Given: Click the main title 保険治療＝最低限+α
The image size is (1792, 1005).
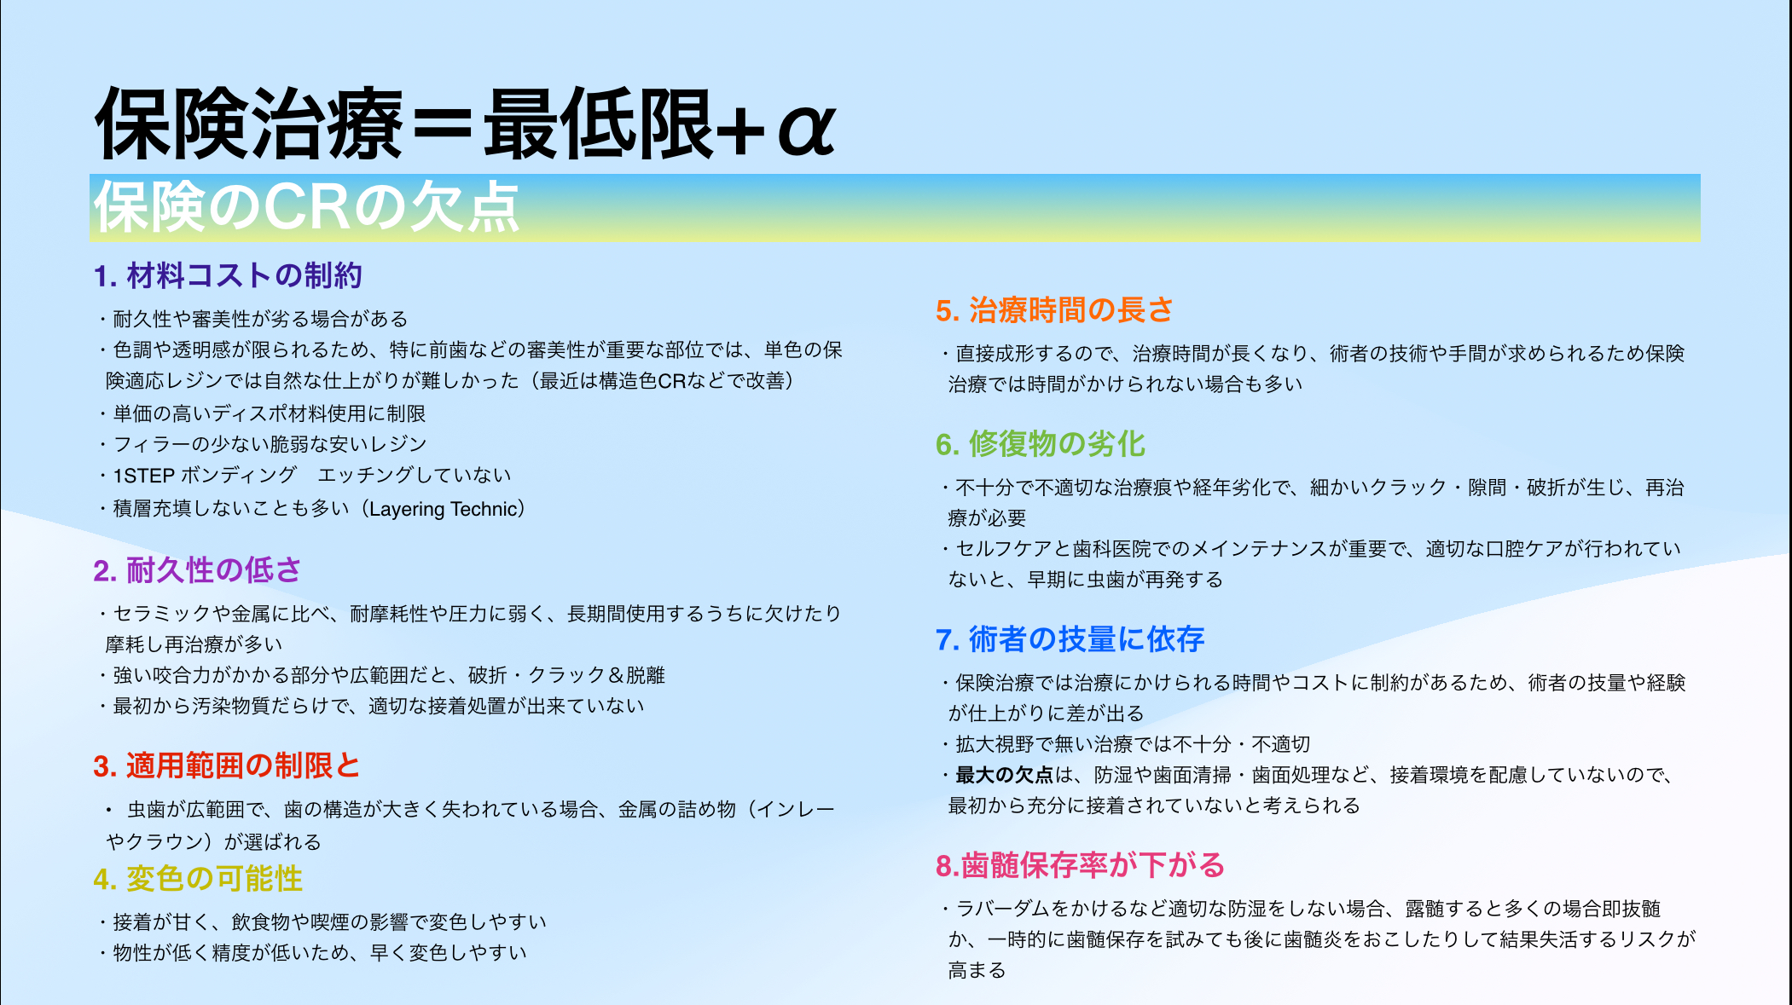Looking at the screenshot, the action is pyautogui.click(x=466, y=124).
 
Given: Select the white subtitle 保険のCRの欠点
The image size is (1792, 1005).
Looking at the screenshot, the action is pyautogui.click(x=306, y=207).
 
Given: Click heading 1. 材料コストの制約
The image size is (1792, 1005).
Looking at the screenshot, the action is pyautogui.click(x=228, y=275).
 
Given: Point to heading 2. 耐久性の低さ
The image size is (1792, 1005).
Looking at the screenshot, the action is pyautogui.click(x=197, y=570).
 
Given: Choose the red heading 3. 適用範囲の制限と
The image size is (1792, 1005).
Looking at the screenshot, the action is pyautogui.click(x=227, y=765).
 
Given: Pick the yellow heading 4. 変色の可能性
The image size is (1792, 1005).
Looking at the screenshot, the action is pyautogui.click(x=198, y=879).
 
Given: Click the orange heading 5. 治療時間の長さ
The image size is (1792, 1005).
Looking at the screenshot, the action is pyautogui.click(x=1054, y=309).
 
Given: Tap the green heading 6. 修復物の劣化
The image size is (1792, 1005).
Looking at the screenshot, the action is pyautogui.click(x=1040, y=444).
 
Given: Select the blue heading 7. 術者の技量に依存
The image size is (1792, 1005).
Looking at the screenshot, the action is pyautogui.click(x=1070, y=639).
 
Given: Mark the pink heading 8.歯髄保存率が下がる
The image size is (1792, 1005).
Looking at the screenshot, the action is pyautogui.click(x=1080, y=865).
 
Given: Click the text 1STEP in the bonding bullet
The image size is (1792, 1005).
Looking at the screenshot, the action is pyautogui.click(x=144, y=476).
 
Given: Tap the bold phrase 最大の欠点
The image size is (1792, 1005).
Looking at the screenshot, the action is pyautogui.click(x=1005, y=775).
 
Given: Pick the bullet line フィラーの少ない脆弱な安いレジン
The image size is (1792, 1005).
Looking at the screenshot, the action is pyautogui.click(x=263, y=444).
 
